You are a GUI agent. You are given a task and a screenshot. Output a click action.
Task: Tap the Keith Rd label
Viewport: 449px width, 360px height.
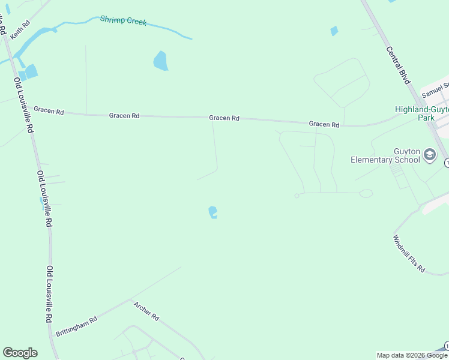(x=20, y=31)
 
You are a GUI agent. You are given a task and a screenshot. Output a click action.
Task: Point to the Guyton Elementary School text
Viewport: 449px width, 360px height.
(x=385, y=155)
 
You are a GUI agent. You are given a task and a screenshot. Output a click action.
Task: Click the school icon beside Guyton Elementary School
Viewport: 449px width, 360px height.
(x=430, y=155)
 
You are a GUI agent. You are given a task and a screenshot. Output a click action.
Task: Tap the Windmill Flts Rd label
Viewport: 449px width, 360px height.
(x=409, y=254)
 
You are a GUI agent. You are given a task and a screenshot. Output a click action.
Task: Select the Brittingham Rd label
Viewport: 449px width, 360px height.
(x=76, y=326)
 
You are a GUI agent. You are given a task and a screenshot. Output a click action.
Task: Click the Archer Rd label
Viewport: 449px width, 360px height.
(x=146, y=310)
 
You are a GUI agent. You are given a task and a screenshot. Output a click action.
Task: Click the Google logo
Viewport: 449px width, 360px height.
(x=20, y=353)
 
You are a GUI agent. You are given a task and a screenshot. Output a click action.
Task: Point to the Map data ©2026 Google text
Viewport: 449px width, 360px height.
(x=412, y=355)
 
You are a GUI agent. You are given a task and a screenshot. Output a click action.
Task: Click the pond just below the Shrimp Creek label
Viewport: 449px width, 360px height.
(x=160, y=61)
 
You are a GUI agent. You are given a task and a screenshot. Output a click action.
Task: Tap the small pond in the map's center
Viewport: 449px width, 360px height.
(x=212, y=212)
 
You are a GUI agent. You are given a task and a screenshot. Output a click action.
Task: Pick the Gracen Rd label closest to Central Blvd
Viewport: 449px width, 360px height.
(x=324, y=124)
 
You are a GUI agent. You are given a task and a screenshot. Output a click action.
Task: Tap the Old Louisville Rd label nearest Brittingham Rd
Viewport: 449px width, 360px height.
(x=49, y=294)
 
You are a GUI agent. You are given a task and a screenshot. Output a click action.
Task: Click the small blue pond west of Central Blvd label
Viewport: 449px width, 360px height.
(x=334, y=31)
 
